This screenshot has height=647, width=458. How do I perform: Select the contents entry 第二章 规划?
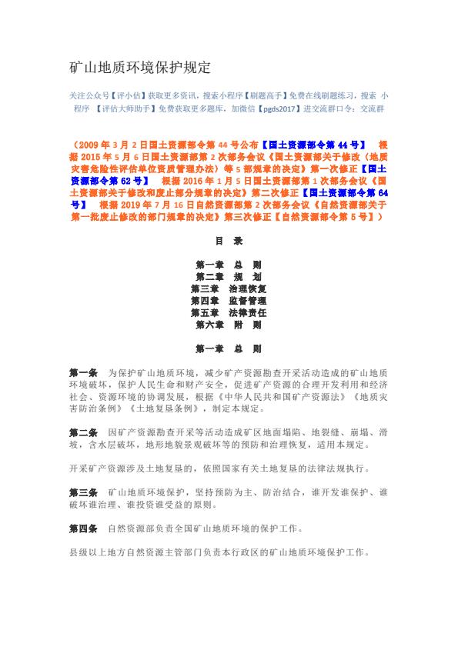tap(229, 275)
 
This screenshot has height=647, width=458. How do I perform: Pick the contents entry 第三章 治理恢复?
tap(229, 288)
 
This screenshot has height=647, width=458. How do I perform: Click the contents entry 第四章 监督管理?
tap(229, 301)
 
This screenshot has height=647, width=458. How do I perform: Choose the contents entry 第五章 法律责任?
tap(229, 313)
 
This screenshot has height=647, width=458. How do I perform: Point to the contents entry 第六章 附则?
tap(229, 325)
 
